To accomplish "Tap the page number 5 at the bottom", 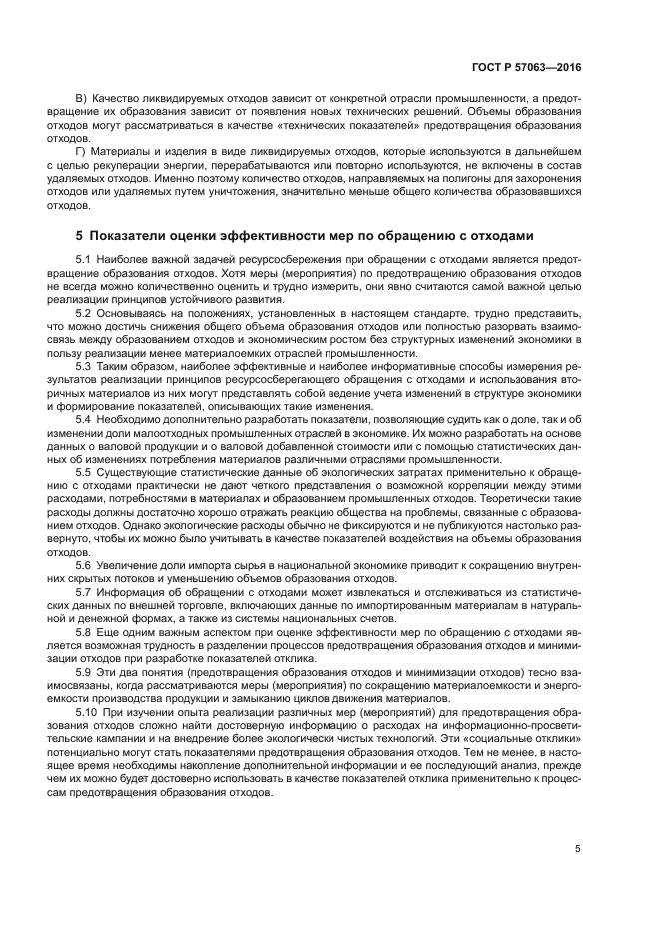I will point(578,849).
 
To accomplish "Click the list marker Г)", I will point(82,150).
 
